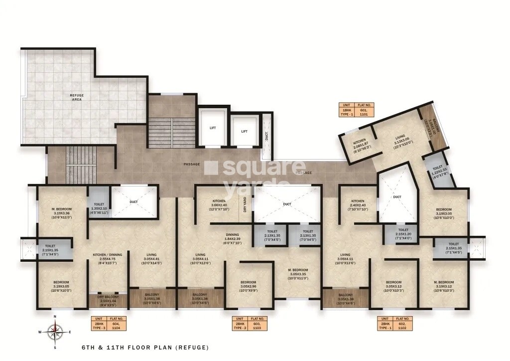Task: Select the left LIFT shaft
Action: tap(212, 128)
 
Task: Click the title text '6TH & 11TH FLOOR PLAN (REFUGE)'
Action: tap(145, 348)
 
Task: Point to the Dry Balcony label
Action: tap(108, 301)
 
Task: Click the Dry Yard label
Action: tap(245, 204)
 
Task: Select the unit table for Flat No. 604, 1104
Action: tap(108, 323)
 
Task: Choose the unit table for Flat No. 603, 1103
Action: tap(251, 323)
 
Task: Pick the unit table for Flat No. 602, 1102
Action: tap(394, 323)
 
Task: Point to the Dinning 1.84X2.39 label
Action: tap(232, 239)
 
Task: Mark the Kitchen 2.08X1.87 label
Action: tap(360, 145)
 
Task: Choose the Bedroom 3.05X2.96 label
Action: tap(249, 285)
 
